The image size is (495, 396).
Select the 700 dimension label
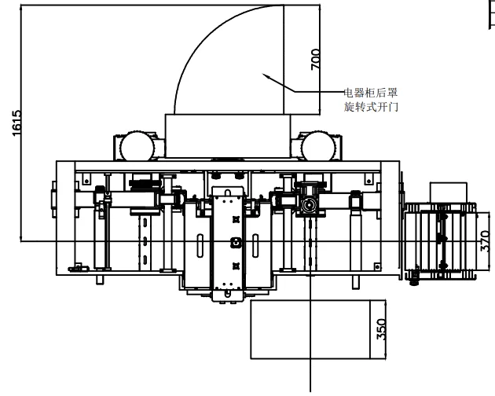[x=316, y=60]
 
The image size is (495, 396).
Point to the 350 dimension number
[x=382, y=329]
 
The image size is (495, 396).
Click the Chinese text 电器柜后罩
[x=372, y=92]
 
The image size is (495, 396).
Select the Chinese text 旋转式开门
[x=371, y=106]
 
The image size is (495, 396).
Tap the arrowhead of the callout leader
[x=266, y=75]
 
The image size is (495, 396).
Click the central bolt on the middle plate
[x=234, y=243]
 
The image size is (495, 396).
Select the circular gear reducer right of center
[x=308, y=204]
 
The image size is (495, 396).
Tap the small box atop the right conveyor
[x=448, y=192]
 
